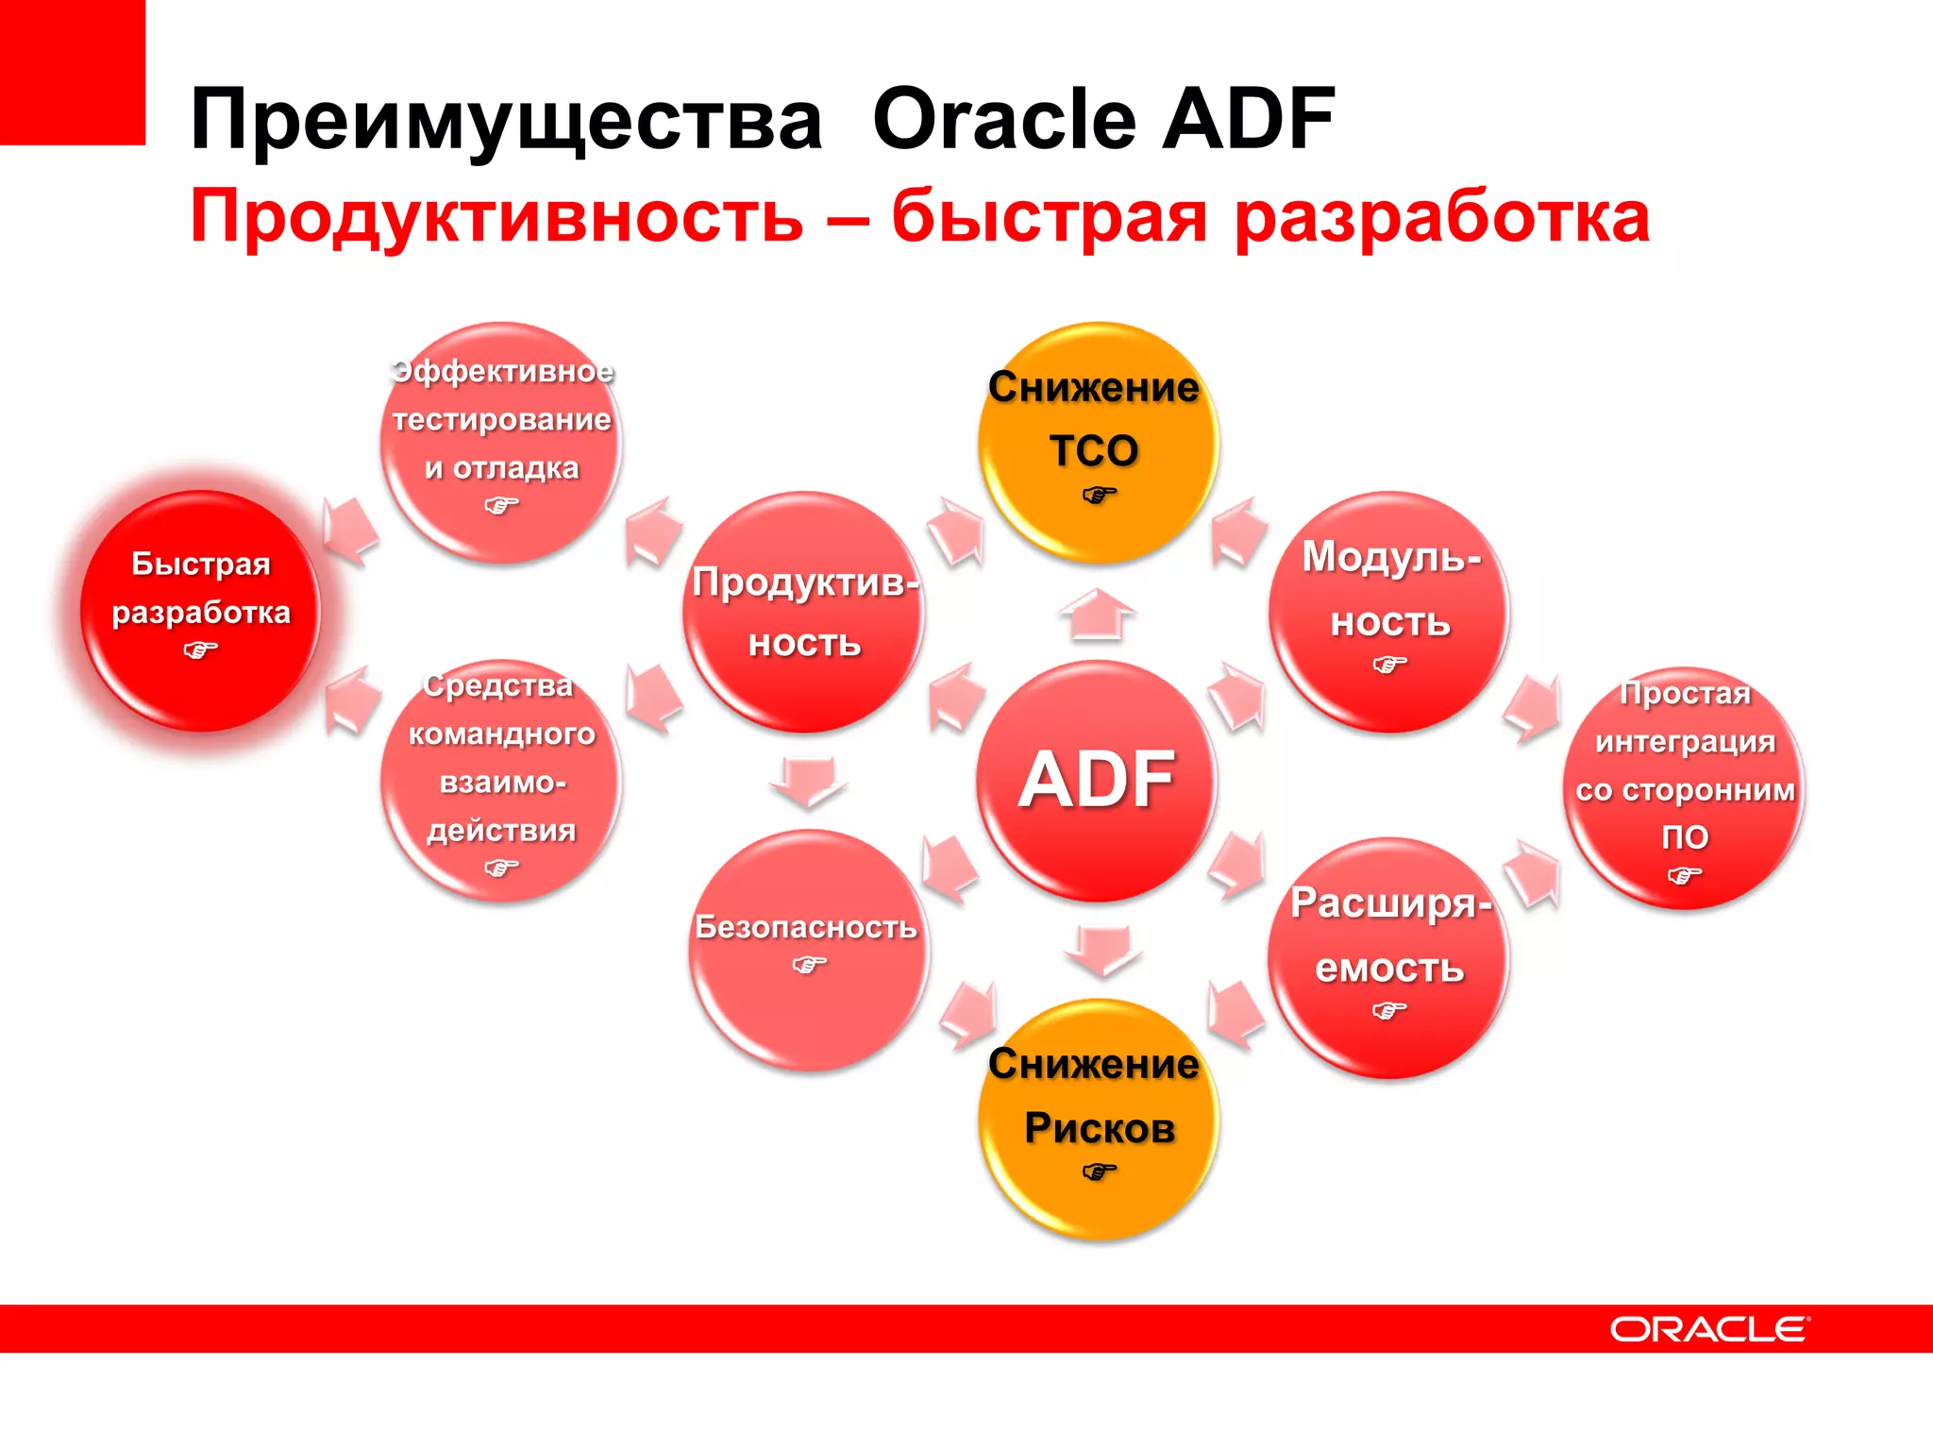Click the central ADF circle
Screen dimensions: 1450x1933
coord(1097,780)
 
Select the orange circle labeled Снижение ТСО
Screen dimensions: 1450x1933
coord(1097,442)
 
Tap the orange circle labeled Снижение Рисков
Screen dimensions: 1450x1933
coord(1097,1120)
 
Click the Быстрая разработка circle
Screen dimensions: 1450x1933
coord(200,610)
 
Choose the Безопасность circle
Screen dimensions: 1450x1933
coord(808,950)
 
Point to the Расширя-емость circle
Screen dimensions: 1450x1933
coord(1389,957)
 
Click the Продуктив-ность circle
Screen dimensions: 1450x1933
coord(804,612)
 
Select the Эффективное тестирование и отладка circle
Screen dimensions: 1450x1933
coord(501,442)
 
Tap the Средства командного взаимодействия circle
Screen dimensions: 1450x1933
coord(501,780)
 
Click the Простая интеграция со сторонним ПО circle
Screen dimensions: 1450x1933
coord(1685,787)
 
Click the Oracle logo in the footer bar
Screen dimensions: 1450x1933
coord(1709,1329)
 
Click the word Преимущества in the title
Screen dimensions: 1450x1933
coord(506,120)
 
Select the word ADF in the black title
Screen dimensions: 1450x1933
coord(1248,120)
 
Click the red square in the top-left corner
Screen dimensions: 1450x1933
coord(72,72)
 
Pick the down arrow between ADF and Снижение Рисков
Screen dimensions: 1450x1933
coord(1102,950)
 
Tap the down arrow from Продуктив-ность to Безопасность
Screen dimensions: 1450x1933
coord(807,782)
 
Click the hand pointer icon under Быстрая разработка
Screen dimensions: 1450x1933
coord(200,649)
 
